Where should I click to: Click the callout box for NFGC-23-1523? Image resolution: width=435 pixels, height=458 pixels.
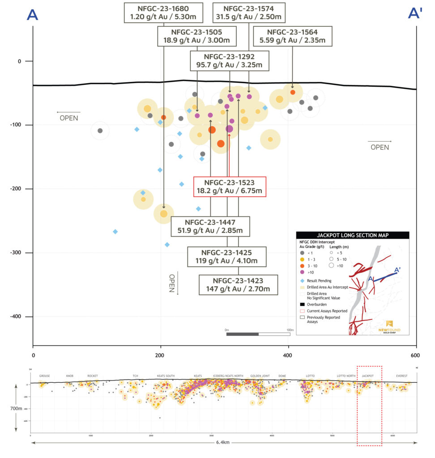[x=230, y=187]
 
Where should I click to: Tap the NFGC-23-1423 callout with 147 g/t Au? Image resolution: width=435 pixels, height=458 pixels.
[x=238, y=285]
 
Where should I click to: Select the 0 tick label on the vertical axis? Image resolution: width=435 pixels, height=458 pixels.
[x=19, y=61]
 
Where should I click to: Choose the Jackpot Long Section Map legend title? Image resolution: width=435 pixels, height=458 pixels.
[x=352, y=235]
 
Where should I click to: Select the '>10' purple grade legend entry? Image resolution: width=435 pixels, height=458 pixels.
[x=311, y=272]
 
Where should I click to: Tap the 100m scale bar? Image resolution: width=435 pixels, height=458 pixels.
[x=258, y=334]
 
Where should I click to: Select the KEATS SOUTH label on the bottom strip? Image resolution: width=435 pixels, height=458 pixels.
[x=166, y=376]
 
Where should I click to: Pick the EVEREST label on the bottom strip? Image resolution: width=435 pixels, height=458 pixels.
[x=401, y=376]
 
